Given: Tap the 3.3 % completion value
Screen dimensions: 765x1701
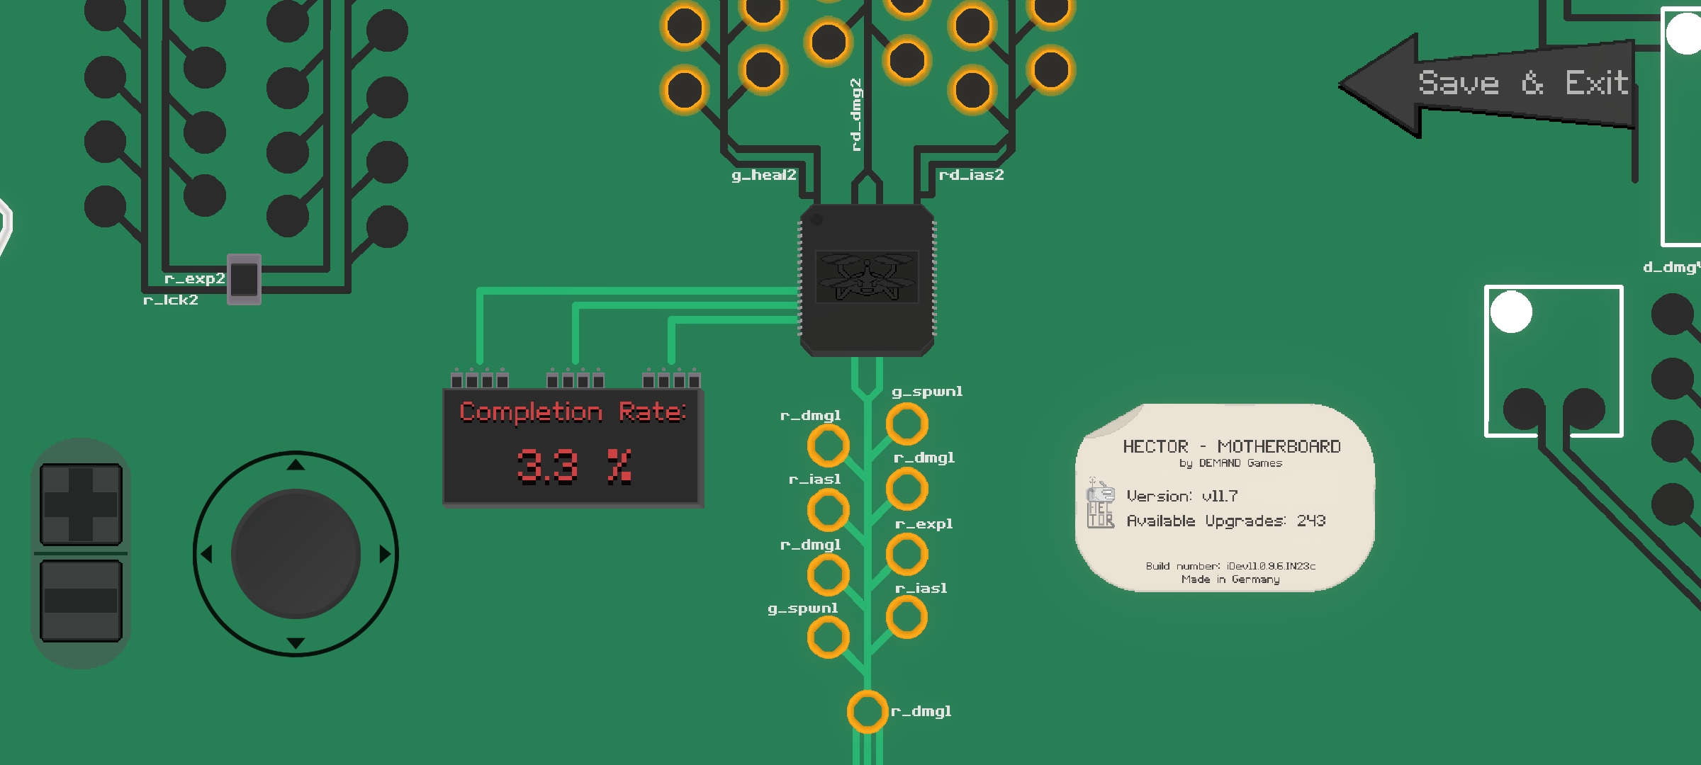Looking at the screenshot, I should (x=573, y=466).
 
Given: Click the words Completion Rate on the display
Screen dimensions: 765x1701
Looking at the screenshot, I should (x=573, y=412).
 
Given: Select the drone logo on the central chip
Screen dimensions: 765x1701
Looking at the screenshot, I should (x=866, y=276).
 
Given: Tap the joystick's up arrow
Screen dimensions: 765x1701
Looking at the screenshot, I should (x=296, y=465).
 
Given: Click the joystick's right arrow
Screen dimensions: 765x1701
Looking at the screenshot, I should (x=385, y=554).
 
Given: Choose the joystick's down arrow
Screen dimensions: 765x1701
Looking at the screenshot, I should (x=296, y=643).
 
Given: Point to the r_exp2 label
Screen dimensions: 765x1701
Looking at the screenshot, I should (x=194, y=278).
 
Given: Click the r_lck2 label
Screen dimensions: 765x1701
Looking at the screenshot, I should (x=171, y=300).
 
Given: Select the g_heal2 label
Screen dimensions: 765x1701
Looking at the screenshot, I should (x=763, y=175).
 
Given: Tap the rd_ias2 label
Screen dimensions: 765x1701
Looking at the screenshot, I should (x=971, y=175).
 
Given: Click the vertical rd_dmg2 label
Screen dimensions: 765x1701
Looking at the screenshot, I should (x=856, y=115).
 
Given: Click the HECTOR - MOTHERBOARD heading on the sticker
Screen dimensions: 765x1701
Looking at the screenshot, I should (x=1232, y=446).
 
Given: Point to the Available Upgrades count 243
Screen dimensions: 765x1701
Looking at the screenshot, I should (x=1311, y=521).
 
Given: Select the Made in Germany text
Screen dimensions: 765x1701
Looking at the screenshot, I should (x=1230, y=579).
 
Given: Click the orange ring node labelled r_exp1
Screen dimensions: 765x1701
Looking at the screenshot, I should (x=906, y=554).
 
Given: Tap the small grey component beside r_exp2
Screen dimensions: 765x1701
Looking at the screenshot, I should (x=245, y=279).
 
